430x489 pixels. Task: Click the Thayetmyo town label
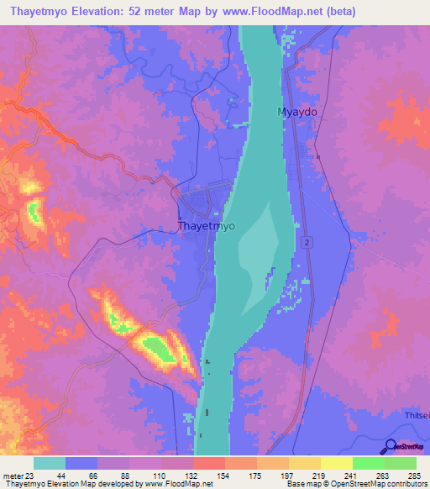click(x=207, y=226)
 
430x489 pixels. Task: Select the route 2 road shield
click(x=307, y=242)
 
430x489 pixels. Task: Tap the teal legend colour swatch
click(x=49, y=464)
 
